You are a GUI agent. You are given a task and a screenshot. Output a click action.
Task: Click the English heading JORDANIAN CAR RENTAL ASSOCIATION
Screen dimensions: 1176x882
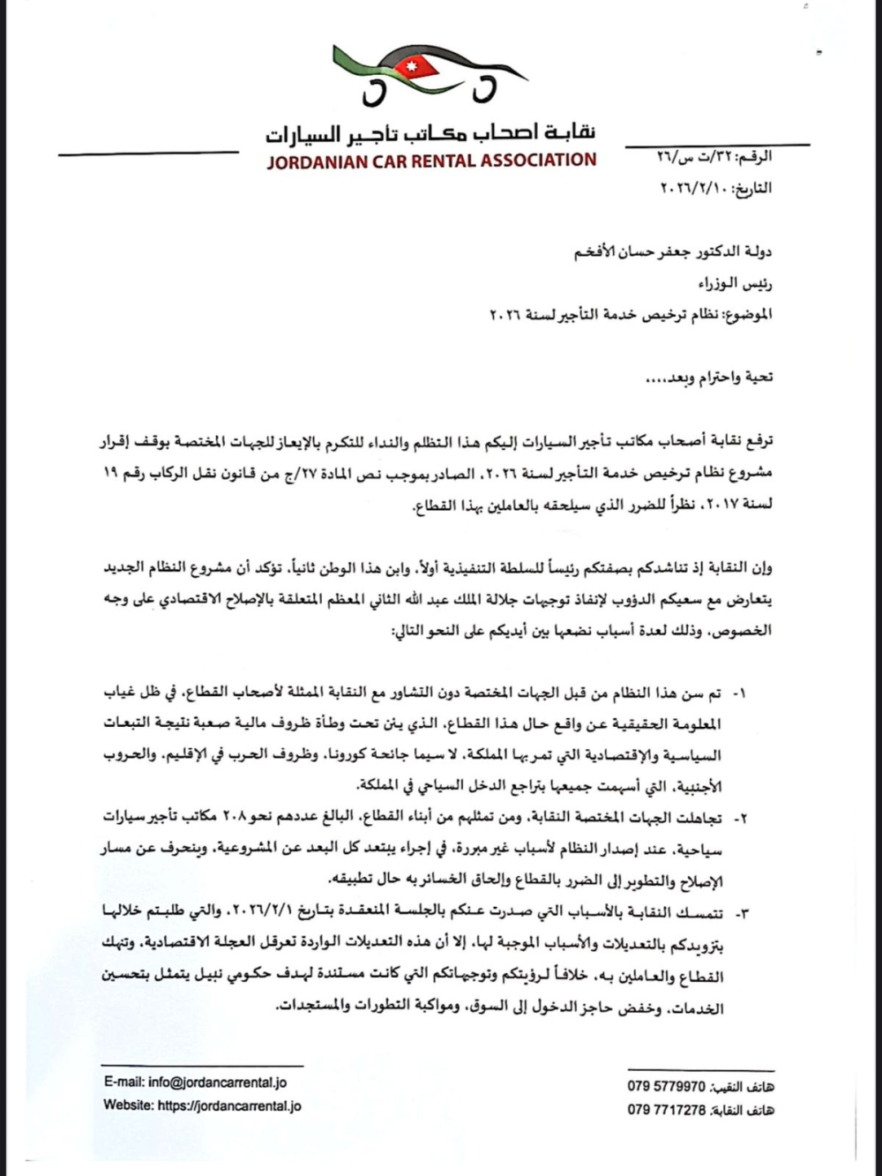(x=431, y=161)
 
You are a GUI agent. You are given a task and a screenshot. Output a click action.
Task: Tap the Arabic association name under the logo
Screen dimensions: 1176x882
(x=430, y=133)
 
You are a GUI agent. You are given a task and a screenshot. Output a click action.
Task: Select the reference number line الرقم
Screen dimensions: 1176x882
(x=714, y=157)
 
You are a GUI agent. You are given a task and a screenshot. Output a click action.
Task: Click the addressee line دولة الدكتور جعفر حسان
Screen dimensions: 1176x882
(x=673, y=252)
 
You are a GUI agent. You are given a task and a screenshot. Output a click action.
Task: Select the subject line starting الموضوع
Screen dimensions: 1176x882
(x=631, y=314)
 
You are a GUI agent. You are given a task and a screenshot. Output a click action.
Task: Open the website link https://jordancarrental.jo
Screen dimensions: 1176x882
(x=229, y=1105)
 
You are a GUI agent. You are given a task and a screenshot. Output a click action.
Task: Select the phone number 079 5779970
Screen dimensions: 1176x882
(x=666, y=1087)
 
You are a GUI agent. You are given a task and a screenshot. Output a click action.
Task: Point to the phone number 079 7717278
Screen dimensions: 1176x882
(x=666, y=1110)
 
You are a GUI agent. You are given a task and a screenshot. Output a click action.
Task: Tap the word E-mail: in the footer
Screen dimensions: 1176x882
(x=123, y=1082)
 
